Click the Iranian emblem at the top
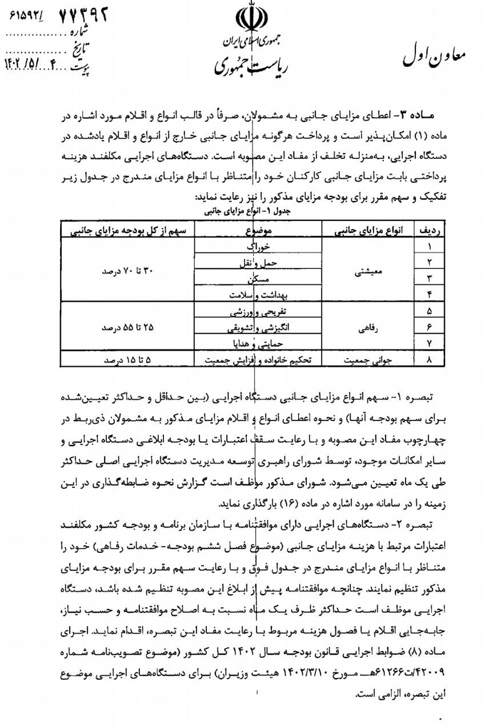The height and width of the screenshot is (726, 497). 249,21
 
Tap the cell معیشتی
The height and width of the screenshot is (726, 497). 364,271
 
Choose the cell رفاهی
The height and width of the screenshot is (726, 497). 364,328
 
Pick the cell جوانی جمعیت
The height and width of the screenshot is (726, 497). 364,360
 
